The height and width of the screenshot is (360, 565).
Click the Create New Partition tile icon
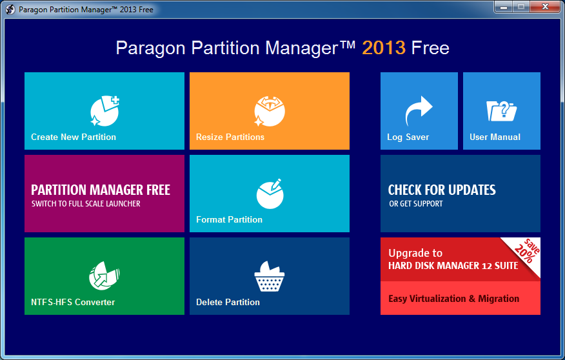[x=104, y=110]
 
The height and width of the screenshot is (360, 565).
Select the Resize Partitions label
[x=230, y=137]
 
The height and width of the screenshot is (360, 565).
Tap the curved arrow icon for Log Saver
[x=419, y=110]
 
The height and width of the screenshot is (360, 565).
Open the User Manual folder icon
[x=501, y=111]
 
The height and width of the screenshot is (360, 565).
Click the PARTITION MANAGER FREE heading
[x=101, y=190]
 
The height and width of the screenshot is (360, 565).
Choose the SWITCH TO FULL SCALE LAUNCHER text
[x=86, y=204]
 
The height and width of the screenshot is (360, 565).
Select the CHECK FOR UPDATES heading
[x=442, y=190]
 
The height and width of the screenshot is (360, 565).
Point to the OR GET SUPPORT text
[x=416, y=204]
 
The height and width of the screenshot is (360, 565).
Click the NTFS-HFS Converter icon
[x=104, y=275]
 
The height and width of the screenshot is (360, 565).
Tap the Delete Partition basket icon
[x=270, y=276]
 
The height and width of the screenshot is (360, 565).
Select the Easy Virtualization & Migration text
[x=453, y=299]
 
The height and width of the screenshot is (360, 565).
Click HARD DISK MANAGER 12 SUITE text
[x=453, y=266]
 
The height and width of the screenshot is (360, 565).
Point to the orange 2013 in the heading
[x=384, y=48]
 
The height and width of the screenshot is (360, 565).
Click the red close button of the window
[x=545, y=6]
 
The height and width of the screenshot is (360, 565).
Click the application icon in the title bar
[x=10, y=10]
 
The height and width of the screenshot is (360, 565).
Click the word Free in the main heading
[x=430, y=48]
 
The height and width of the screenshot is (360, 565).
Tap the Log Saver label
[x=408, y=137]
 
